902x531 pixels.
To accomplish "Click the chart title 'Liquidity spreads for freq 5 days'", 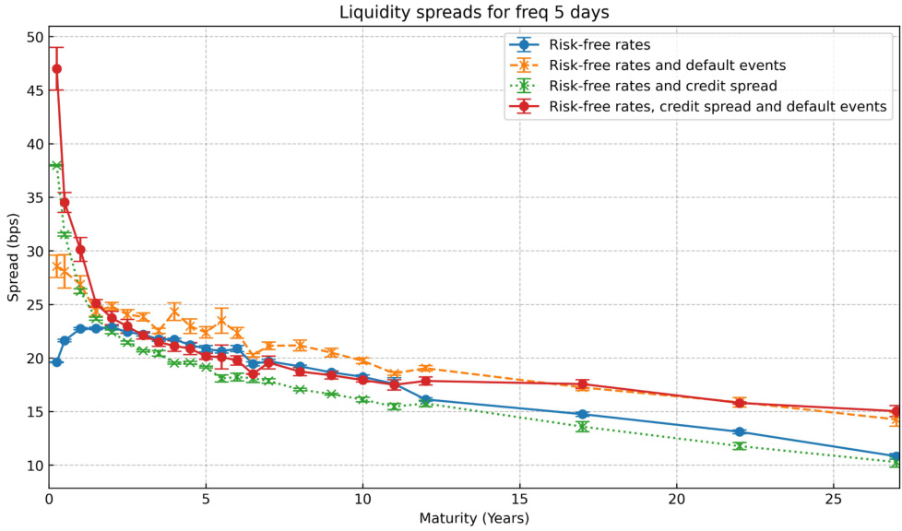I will coord(474,13).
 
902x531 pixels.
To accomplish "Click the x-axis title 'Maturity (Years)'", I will coord(474,518).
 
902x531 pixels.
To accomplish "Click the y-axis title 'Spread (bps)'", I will coord(13,251).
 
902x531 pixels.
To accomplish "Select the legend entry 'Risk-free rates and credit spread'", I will coord(663,86).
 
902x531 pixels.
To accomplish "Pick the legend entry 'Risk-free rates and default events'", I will coord(667,65).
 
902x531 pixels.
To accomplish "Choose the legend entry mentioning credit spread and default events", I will coord(718,107).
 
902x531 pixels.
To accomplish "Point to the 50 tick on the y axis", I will coord(35,37).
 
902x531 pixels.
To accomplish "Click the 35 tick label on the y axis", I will coord(35,197).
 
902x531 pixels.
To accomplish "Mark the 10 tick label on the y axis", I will coord(35,466).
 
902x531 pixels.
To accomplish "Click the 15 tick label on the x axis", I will coord(519,499).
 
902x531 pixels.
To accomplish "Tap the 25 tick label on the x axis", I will coord(833,499).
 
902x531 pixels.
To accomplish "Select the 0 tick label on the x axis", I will coord(49,499).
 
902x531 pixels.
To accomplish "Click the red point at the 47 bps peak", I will coord(56,68).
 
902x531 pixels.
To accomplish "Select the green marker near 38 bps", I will coord(56,166).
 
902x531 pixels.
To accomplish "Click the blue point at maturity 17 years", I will coord(582,415).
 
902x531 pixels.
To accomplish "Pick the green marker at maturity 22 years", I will coord(739,446).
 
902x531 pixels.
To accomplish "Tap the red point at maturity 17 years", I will coord(582,384).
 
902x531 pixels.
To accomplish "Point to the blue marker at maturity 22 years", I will coord(739,431).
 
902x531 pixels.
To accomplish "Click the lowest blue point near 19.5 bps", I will coord(56,362).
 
